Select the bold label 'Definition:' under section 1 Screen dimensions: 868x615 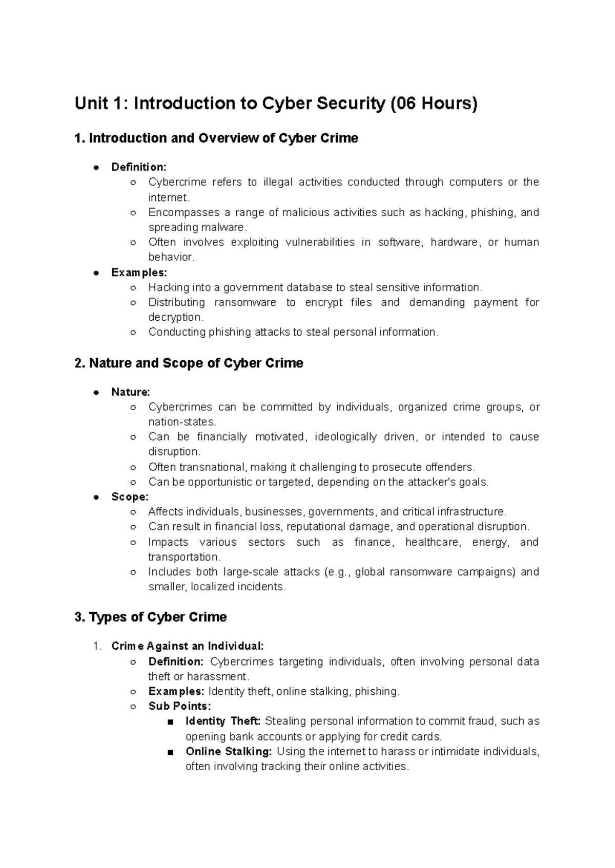139,167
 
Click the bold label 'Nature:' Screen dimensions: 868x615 131,392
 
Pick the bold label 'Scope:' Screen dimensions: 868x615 130,497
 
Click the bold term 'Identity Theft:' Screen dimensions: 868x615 223,721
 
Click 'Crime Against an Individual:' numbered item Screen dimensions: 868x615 187,646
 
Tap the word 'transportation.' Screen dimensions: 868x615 184,557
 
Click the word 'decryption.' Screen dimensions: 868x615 176,317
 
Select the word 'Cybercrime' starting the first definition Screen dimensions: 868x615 177,182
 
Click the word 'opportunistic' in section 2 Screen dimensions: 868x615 220,482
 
